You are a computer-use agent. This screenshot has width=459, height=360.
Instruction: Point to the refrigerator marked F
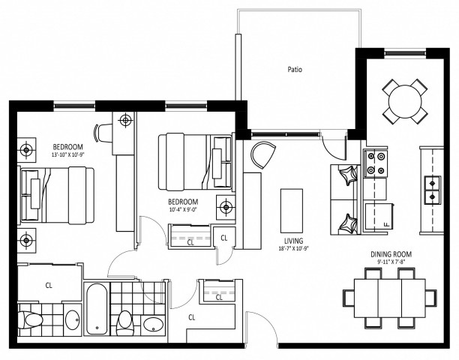(x=378, y=217)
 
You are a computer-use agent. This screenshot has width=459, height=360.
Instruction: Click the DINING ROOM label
(x=391, y=254)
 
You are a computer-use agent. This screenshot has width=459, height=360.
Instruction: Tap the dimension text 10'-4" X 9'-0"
(x=182, y=210)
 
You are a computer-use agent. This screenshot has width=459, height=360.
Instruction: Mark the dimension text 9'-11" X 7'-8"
(x=391, y=262)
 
